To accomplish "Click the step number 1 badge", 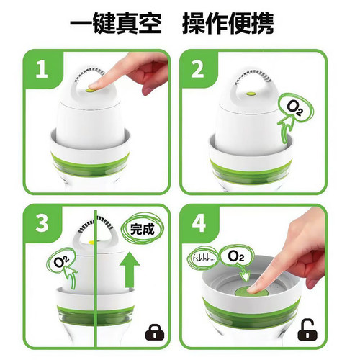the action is (41, 69).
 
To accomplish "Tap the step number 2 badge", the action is (197, 69).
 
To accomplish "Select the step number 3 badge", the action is (42, 223).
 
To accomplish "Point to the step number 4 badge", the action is (199, 223).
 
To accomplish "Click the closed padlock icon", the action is (155, 332).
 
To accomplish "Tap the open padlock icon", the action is (307, 330).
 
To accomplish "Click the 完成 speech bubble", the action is (142, 229).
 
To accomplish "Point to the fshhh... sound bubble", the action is (202, 258).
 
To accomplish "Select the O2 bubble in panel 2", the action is (295, 107).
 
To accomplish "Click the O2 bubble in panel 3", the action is (60, 261).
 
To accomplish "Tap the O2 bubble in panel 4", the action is (236, 256).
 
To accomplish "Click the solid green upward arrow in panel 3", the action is (130, 270).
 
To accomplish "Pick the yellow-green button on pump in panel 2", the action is (251, 94).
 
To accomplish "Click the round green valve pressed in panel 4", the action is (251, 293).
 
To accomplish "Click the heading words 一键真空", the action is (116, 24).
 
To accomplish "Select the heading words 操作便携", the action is (228, 24).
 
